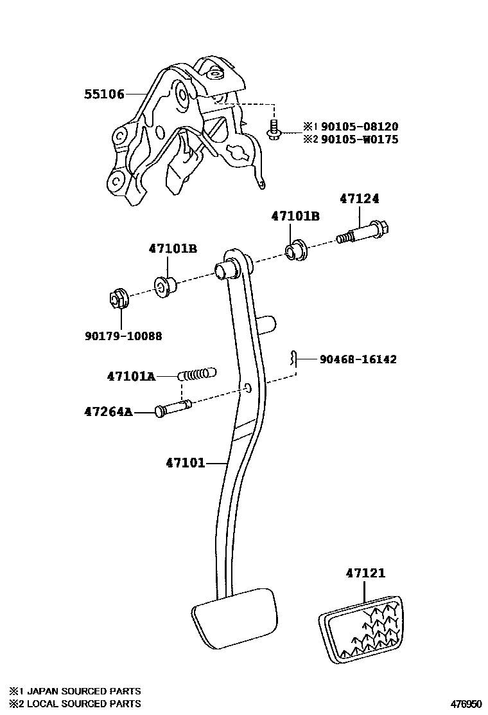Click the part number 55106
point(104,95)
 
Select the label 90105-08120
point(359,127)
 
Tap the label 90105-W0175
point(359,139)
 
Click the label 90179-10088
point(123,336)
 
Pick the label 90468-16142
point(358,359)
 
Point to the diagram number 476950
point(464,704)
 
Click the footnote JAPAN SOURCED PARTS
point(81,691)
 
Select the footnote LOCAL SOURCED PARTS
point(81,703)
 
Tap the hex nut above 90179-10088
point(117,298)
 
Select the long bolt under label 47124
point(364,232)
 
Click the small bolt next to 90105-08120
point(272,131)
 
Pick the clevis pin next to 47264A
point(173,408)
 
